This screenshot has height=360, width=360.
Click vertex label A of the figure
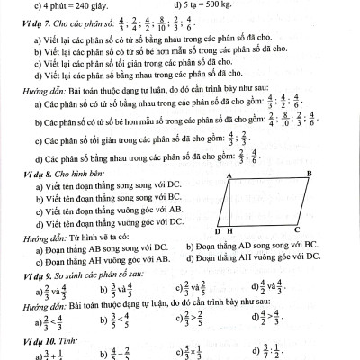point(230,175)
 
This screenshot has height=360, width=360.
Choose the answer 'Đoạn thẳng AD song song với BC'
point(247,245)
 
